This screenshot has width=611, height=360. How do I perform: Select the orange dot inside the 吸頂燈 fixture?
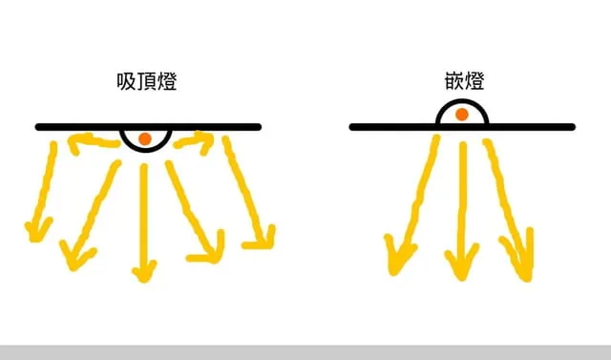click(144, 139)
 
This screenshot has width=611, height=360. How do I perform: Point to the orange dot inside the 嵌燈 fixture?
click(462, 116)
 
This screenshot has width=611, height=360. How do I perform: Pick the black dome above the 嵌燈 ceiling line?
click(462, 115)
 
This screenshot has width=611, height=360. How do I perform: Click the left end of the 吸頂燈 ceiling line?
click(39, 127)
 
